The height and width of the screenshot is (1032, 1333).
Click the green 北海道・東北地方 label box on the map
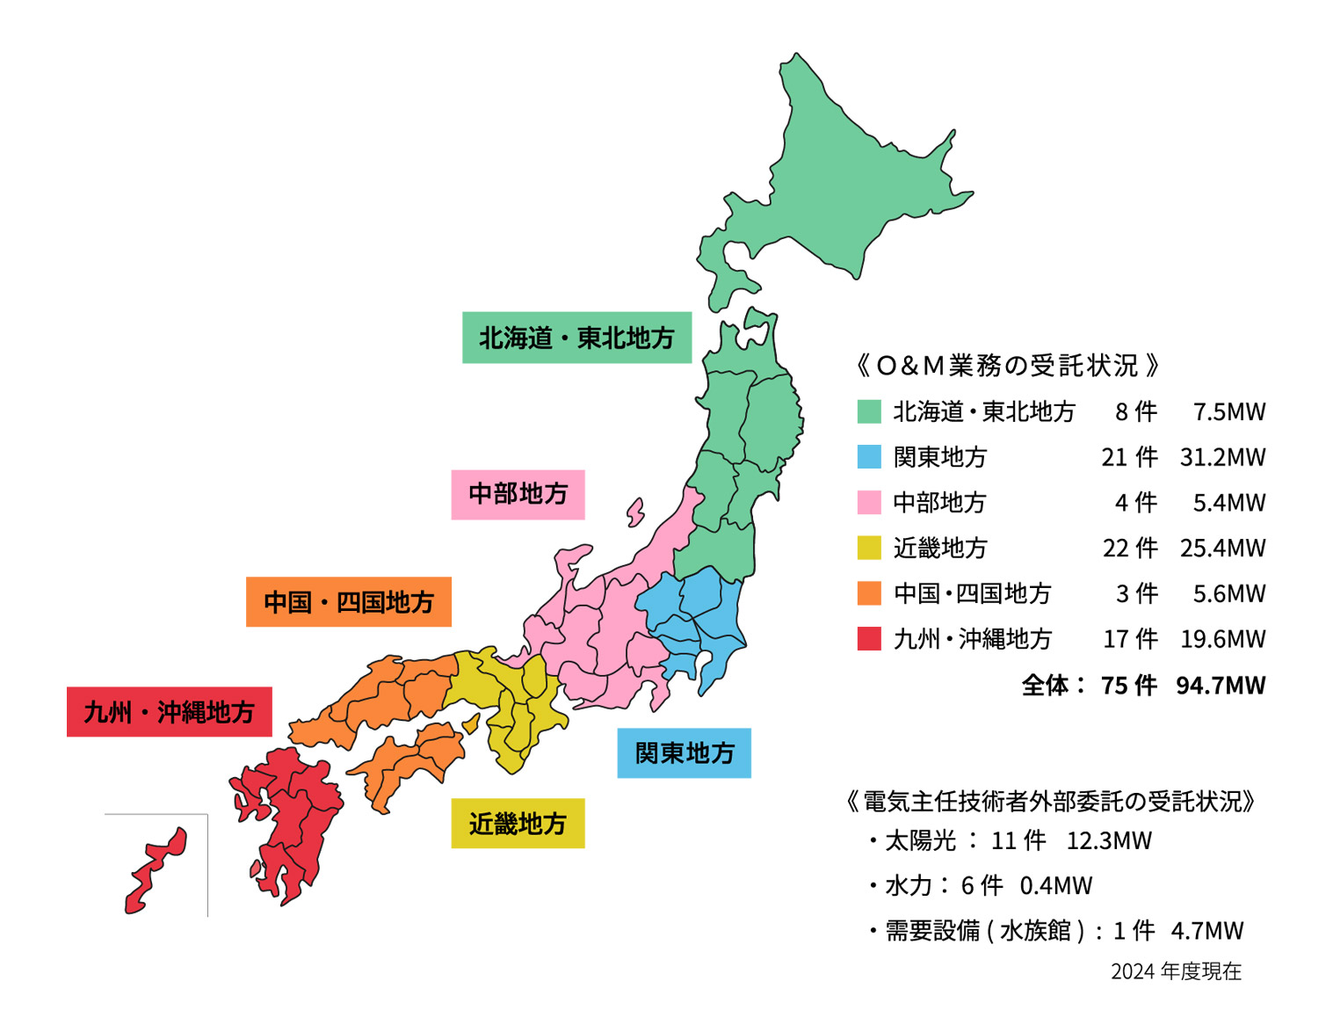pos(576,338)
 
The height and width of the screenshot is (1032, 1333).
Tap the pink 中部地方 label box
pos(518,494)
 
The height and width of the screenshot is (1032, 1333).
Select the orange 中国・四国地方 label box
pos(348,602)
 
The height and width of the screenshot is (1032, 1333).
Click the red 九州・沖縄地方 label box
pos(169,712)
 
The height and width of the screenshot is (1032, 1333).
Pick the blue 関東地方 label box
pos(684,753)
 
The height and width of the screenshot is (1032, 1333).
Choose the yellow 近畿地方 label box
pos(518,824)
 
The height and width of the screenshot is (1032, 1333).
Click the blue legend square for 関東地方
pos(868,457)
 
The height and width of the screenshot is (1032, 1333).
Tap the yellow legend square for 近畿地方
pos(868,548)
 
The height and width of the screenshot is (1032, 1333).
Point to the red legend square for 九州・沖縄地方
pos(868,638)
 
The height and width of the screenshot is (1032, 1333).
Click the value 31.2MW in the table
pos(1222,457)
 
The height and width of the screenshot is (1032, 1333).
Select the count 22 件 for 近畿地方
pos(1130,548)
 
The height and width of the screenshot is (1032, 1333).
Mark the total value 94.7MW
pos(1221,685)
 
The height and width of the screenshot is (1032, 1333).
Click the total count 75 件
pos(1129,685)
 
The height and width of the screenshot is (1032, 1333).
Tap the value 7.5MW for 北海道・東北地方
pos(1228,411)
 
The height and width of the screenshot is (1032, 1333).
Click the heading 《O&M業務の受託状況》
pos(1007,365)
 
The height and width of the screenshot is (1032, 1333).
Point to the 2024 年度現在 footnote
pos(1176,971)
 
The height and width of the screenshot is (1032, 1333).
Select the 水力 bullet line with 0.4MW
pos(982,885)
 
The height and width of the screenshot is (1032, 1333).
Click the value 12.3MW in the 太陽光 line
pos(1109,840)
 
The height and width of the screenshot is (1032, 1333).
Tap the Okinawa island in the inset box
pos(156,869)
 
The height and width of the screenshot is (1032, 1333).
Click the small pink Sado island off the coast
pos(634,512)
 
